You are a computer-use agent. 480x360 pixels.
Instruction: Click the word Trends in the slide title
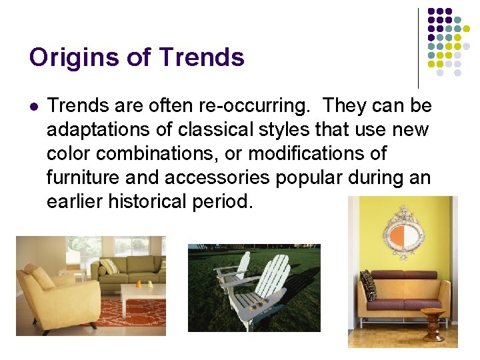click(x=202, y=58)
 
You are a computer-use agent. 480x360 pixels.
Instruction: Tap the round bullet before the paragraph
click(x=34, y=106)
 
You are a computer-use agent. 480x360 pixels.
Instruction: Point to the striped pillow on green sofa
click(x=109, y=267)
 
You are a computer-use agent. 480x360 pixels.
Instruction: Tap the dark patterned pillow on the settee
click(x=367, y=285)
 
